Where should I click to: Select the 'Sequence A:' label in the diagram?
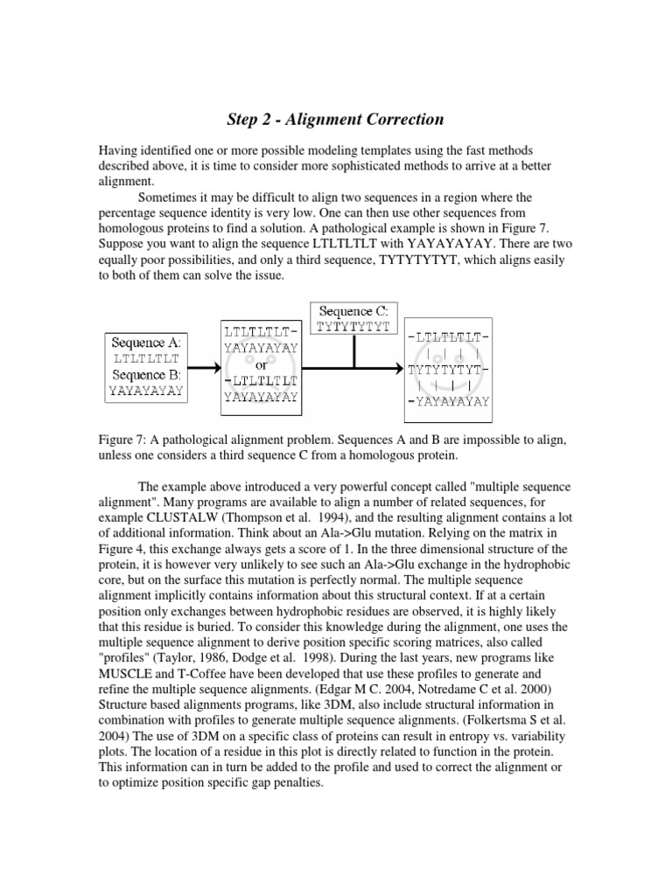tap(147, 343)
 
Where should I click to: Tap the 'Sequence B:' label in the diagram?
tap(147, 375)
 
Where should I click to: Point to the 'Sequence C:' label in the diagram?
tap(353, 310)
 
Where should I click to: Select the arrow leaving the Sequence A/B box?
tap(203, 367)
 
